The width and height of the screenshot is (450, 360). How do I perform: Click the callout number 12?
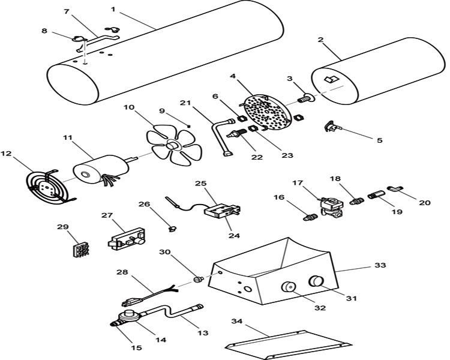pos(6,154)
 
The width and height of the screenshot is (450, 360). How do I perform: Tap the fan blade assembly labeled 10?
pos(174,145)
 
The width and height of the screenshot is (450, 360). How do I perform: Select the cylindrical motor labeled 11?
pos(101,170)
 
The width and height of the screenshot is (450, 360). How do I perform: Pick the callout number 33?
pos(380,265)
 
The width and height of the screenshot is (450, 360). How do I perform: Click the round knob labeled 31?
pos(316,281)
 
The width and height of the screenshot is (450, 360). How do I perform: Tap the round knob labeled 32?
pos(288,287)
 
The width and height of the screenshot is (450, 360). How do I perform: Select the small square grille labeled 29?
pos(80,250)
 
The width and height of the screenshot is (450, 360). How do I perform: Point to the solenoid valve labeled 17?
pos(332,206)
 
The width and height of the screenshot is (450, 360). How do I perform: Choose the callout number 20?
pos(425,203)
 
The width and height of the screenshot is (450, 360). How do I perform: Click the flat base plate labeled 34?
pos(289,344)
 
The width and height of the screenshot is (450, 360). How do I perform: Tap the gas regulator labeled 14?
pos(128,317)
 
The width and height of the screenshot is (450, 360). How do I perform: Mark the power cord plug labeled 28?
pos(150,296)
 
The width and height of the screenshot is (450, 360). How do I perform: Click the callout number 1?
pos(113,10)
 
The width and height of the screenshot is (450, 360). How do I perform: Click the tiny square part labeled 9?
pos(188,125)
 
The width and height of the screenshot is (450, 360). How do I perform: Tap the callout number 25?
pos(201,184)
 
